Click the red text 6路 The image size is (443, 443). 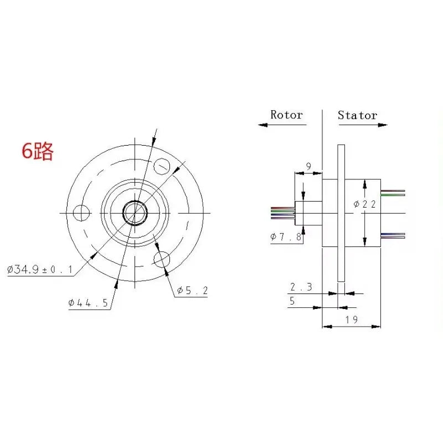point(38,151)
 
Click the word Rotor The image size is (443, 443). point(286,115)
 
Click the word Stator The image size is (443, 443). point(357,115)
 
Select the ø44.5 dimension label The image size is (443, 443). point(89,302)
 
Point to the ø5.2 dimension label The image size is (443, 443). point(192,290)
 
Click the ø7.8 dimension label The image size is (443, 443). point(286,236)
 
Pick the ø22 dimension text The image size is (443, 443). point(365,204)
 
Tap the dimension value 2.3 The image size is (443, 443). point(301,287)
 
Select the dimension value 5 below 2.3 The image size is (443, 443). point(292,301)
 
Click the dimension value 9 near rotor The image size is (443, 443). point(308,166)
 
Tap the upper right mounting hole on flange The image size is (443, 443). point(162,165)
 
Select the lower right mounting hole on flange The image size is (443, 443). point(162,259)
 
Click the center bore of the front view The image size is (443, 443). point(134,212)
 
